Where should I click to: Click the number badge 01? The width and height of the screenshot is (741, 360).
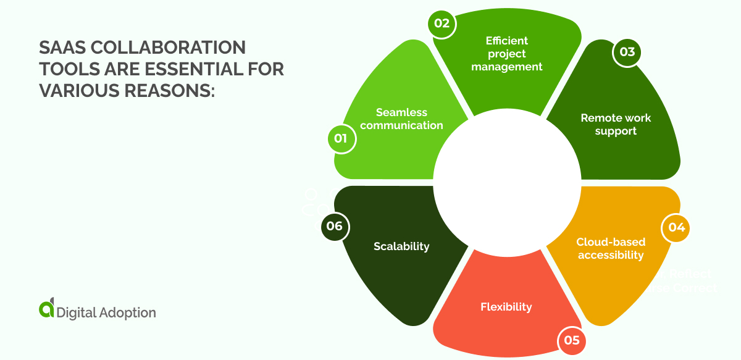tap(341, 138)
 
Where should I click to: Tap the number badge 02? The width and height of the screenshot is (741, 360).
tap(442, 24)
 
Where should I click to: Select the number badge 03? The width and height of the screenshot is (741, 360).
tap(627, 52)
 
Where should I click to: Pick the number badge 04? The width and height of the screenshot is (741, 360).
tap(676, 227)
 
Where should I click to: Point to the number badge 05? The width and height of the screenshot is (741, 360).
tap(571, 340)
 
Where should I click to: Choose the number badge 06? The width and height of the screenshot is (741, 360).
tap(335, 226)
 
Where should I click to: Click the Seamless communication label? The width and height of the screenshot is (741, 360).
tap(401, 119)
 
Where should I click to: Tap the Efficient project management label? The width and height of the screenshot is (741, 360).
tap(506, 53)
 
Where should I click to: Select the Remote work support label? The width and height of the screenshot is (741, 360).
tap(616, 124)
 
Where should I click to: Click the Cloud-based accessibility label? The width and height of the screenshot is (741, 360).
tap(610, 248)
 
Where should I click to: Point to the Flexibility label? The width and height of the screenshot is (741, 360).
tap(506, 306)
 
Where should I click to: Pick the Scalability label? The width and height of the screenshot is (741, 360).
tap(401, 246)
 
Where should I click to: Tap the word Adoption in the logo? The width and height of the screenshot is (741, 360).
tap(127, 312)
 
